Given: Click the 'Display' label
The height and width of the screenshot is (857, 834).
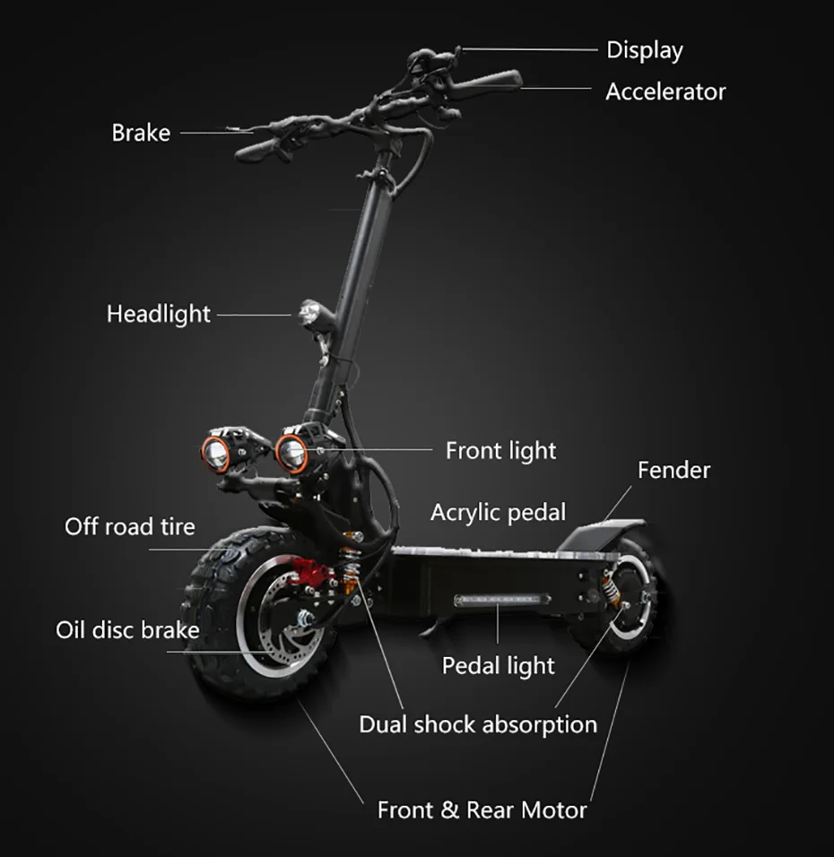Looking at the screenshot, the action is point(645,51).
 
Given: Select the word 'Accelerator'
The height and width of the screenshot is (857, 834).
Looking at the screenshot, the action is point(665,91).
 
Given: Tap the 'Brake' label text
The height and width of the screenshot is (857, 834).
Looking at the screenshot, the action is point(141,133).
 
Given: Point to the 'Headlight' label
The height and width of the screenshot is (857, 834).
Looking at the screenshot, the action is point(159,315).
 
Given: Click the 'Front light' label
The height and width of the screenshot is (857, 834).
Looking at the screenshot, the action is point(500,451).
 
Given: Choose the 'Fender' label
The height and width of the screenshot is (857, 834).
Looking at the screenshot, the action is point(673,470).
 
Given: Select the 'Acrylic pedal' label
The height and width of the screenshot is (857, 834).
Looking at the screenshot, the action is point(499,514).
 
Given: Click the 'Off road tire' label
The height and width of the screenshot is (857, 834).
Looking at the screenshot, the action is point(130,527).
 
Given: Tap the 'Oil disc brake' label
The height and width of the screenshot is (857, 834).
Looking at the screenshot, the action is point(127,630).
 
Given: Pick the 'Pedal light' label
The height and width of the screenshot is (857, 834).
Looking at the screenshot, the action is point(499,666).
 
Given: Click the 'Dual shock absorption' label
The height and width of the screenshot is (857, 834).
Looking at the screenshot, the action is point(478,725).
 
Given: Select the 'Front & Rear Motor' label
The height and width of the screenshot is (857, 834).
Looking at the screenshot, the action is point(482,810).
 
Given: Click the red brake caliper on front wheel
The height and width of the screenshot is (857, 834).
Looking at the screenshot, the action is point(309,572).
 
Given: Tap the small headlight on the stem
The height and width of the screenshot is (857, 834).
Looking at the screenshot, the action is point(310,315).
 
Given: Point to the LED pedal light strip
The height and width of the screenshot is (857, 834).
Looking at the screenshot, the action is point(502,600).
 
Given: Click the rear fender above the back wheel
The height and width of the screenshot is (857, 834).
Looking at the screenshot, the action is point(602,532).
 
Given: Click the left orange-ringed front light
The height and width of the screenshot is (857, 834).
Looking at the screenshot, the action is point(215,453).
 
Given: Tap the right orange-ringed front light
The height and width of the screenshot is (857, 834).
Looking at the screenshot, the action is point(291,453).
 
